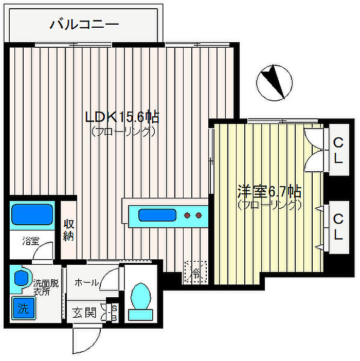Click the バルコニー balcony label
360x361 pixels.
point(84,24)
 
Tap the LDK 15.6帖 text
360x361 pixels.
point(122,117)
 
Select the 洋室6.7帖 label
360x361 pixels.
point(269,191)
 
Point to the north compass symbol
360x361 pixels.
point(275,82)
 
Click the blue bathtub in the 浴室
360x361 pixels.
point(32,214)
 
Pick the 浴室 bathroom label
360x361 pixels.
point(31,241)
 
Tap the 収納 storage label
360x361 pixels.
point(68,230)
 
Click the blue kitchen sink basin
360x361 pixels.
point(157,215)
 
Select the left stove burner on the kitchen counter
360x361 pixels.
point(187,215)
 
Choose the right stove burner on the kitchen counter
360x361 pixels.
point(199,215)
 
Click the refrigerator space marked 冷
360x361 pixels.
point(196,272)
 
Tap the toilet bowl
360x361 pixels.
point(140,296)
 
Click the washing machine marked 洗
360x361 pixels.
point(24,308)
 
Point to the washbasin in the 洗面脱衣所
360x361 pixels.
point(21,278)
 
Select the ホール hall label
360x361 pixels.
point(86,282)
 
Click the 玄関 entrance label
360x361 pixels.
point(84,313)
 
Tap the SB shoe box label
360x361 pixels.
point(114,313)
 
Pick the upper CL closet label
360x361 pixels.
point(338,150)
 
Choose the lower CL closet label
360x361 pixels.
point(338,227)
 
